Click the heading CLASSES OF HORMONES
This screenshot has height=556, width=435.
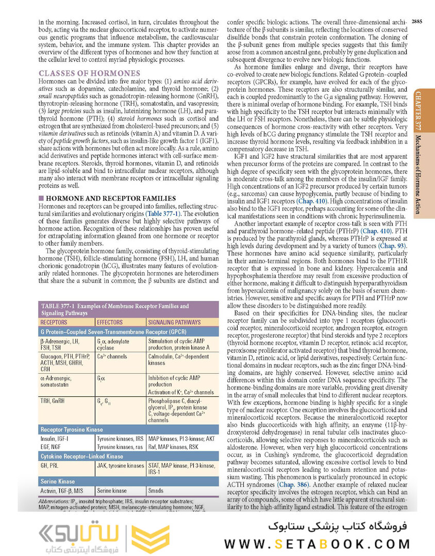90,74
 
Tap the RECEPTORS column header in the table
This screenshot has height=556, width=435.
54,322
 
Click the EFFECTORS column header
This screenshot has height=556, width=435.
110,322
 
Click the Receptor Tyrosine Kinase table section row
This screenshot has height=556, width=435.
72,429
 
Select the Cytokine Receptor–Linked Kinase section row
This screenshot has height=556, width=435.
82,457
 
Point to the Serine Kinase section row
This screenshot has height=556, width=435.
58,481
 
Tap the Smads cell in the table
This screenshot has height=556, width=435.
156,491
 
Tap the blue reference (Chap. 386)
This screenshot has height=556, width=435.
294,484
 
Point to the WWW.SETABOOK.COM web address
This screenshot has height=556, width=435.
317,544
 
